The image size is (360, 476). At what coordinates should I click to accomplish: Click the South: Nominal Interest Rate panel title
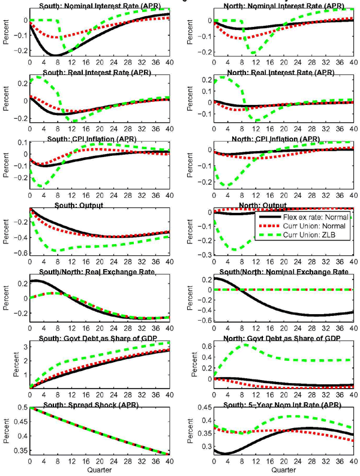pyautogui.click(x=99, y=7)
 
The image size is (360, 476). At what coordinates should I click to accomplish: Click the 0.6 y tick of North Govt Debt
pyautogui.click(x=204, y=346)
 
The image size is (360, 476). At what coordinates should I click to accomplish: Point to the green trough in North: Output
pyautogui.click(x=235, y=249)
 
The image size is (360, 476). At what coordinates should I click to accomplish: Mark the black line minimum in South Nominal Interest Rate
pyautogui.click(x=55, y=56)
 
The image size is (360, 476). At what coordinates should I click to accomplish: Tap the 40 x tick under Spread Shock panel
pyautogui.click(x=169, y=463)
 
